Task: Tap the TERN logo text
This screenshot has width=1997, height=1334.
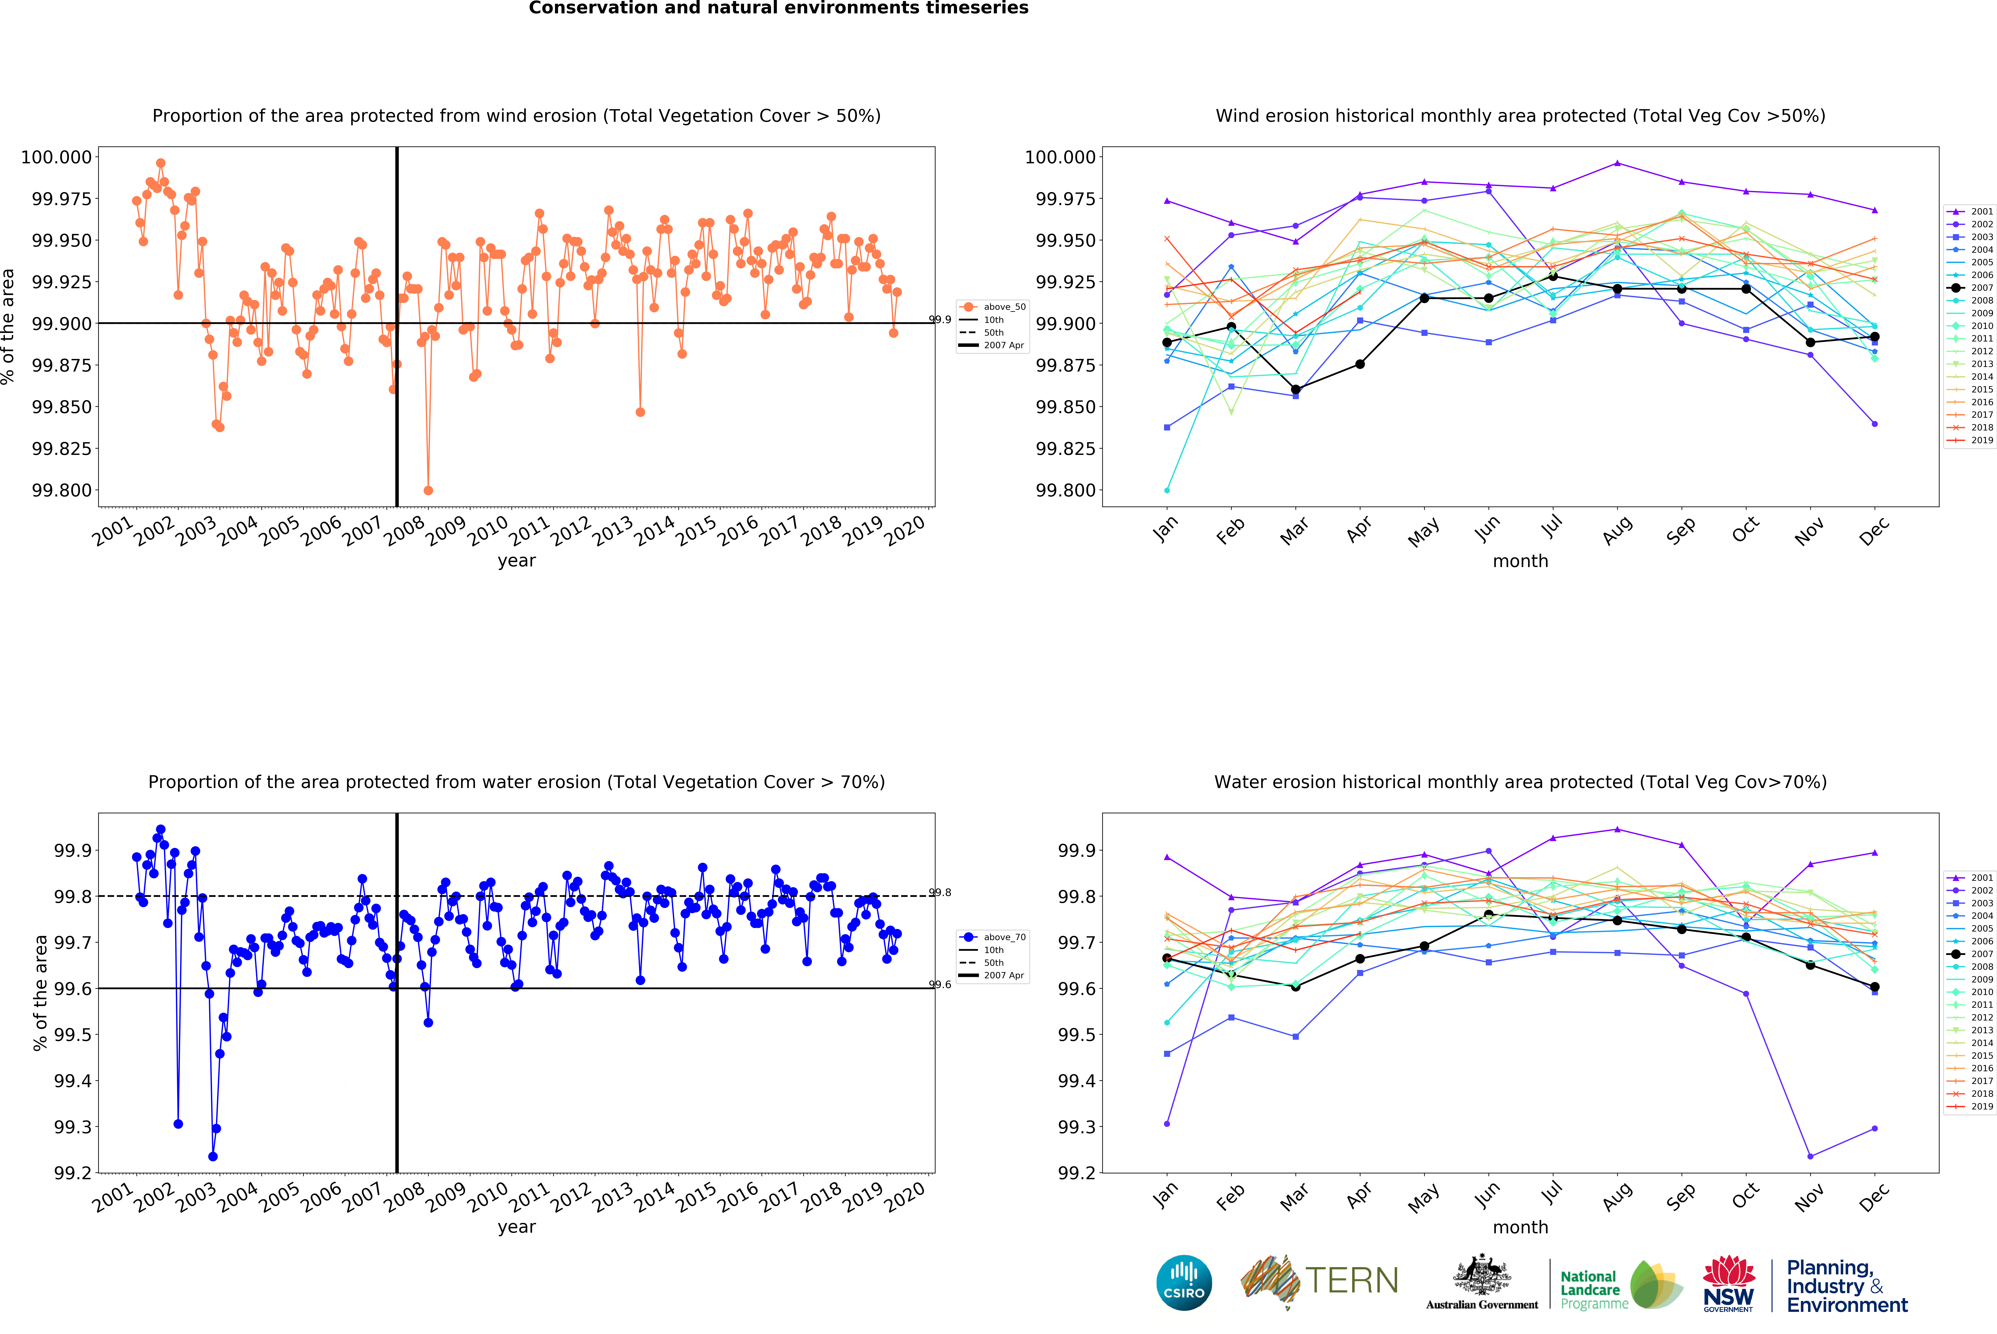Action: coord(1351,1280)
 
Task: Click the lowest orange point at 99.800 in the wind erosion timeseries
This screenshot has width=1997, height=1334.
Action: coord(428,490)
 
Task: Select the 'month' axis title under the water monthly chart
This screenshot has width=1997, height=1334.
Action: coord(1520,1227)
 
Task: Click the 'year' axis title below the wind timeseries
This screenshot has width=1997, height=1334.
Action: coord(516,561)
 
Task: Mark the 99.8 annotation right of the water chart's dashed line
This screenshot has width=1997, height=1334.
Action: coord(940,892)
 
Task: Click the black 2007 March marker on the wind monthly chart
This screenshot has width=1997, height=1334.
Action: coord(1295,390)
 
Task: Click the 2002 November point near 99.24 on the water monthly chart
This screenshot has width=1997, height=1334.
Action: coord(1810,1156)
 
